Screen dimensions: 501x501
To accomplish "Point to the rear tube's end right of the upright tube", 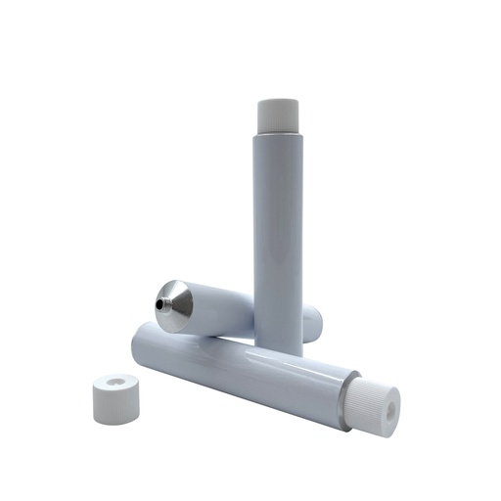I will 312,323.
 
